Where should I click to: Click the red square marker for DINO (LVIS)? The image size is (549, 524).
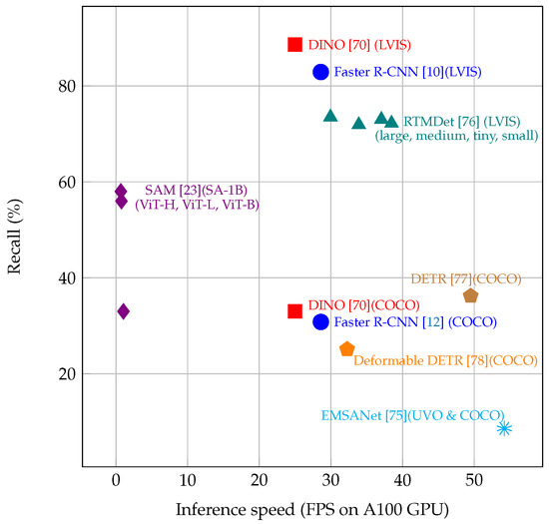(x=294, y=44)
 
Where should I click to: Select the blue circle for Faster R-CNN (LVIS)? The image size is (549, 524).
(x=320, y=72)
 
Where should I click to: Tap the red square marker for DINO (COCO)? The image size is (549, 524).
(x=294, y=311)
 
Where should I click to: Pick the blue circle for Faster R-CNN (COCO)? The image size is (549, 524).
(x=320, y=321)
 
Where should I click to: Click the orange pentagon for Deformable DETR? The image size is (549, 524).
(x=347, y=349)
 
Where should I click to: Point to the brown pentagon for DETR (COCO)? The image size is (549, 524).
(x=470, y=295)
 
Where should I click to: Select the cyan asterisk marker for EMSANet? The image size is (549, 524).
(x=504, y=428)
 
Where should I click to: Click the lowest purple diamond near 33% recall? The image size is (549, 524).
(x=123, y=311)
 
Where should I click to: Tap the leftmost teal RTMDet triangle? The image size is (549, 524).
(x=330, y=116)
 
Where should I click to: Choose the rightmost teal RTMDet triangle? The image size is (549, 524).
(x=391, y=122)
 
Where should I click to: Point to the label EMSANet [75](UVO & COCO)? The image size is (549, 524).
(x=412, y=415)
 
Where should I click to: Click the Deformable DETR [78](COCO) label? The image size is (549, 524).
(x=445, y=360)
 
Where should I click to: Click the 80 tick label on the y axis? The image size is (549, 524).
(x=66, y=86)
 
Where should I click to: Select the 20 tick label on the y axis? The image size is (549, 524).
(x=66, y=374)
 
